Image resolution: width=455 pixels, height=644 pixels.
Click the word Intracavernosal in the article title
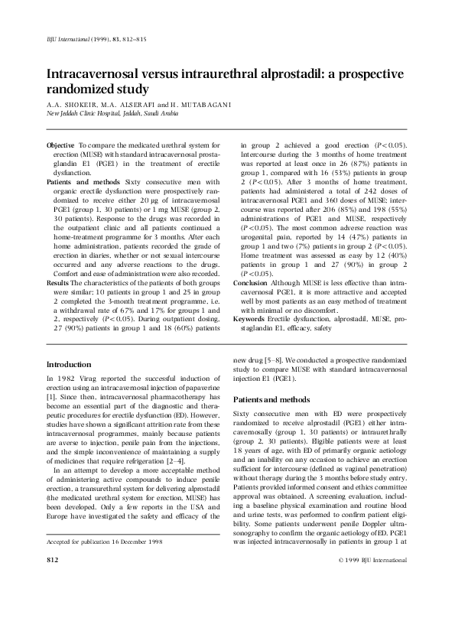97,76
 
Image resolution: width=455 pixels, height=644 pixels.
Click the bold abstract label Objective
61,145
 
